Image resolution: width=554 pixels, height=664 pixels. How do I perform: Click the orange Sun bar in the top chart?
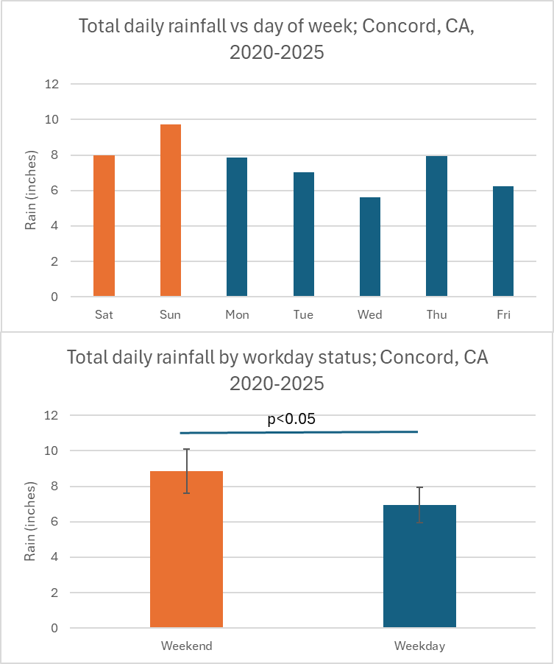(170, 211)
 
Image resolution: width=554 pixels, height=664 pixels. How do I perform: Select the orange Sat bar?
(104, 226)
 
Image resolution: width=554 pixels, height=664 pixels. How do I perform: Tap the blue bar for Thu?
(436, 226)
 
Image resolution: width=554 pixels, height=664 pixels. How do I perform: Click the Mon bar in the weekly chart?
(237, 227)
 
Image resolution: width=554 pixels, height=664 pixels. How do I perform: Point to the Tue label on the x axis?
(303, 315)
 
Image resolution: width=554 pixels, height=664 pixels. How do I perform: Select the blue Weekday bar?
(419, 566)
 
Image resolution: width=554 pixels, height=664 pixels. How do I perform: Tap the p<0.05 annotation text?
(291, 420)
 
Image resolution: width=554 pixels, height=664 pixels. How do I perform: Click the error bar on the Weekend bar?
(187, 471)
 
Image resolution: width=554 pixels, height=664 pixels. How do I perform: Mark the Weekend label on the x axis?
(187, 646)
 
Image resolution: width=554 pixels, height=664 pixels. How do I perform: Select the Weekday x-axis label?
(419, 646)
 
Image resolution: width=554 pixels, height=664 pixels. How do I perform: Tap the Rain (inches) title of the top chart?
(31, 190)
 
